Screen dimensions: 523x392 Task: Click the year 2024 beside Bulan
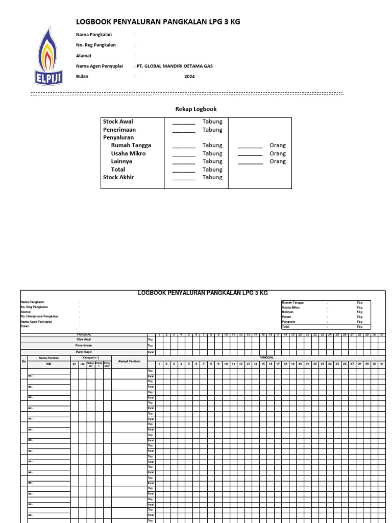pyautogui.click(x=189, y=77)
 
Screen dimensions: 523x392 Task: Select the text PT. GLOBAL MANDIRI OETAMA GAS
pyautogui.click(x=174, y=66)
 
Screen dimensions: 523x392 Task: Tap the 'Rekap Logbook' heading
pyautogui.click(x=196, y=109)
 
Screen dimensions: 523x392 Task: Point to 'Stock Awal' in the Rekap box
pyautogui.click(x=118, y=122)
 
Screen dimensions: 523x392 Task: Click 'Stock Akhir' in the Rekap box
pyautogui.click(x=118, y=177)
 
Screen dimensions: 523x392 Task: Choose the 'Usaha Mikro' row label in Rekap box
pyautogui.click(x=128, y=153)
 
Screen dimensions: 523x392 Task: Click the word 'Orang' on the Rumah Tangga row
pyautogui.click(x=278, y=146)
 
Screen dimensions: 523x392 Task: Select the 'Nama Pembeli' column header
pyautogui.click(x=49, y=358)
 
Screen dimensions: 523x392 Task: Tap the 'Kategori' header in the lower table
pyautogui.click(x=91, y=358)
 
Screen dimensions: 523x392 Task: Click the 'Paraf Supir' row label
pyautogui.click(x=83, y=352)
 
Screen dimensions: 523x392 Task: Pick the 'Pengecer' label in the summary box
pyautogui.click(x=289, y=322)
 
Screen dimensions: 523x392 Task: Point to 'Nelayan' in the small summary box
pyautogui.click(x=288, y=312)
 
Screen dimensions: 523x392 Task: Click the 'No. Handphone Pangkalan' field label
pyautogui.click(x=39, y=317)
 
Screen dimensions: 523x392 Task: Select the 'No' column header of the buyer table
pyautogui.click(x=23, y=362)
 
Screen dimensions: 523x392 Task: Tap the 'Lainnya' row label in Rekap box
pyautogui.click(x=121, y=161)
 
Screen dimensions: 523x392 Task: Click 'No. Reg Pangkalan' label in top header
pyautogui.click(x=95, y=45)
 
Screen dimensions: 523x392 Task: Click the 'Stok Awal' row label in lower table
pyautogui.click(x=83, y=339)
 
